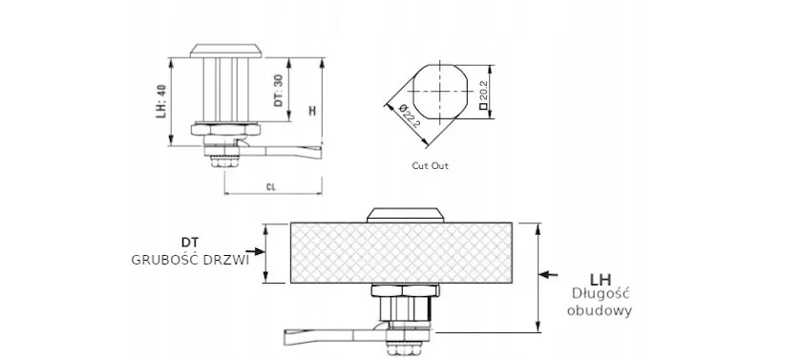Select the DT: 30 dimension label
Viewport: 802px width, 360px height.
(278, 91)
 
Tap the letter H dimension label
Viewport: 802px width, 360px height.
(312, 110)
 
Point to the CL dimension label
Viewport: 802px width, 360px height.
(271, 187)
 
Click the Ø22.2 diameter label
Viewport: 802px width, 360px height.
(409, 116)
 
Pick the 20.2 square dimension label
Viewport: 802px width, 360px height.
(483, 94)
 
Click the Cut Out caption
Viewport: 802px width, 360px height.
(431, 166)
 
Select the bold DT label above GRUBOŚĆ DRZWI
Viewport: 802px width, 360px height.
(190, 242)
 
